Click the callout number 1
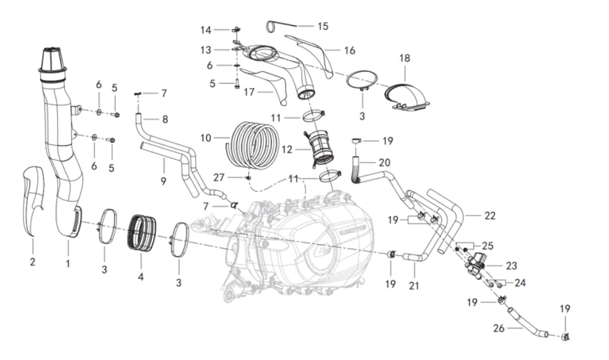tap(68, 263)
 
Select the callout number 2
tap(32, 262)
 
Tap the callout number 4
tap(141, 277)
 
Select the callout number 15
tap(323, 27)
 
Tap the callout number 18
tap(405, 58)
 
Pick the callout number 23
tap(511, 266)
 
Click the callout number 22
tap(490, 216)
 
